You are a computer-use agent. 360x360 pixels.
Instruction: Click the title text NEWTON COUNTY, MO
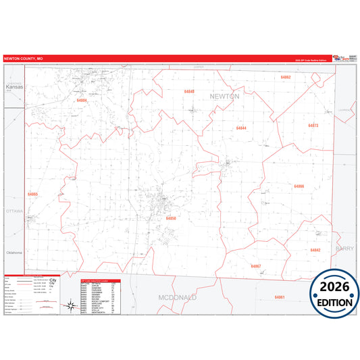[24, 59]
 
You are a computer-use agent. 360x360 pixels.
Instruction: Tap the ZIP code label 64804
[82, 100]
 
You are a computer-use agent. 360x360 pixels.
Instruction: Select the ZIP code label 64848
[189, 91]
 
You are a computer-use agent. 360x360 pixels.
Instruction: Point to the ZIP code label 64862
[286, 78]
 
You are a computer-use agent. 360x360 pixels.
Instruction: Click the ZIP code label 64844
[241, 128]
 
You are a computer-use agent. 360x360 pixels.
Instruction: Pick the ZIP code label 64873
[313, 126]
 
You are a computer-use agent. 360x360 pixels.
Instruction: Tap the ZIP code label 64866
[299, 186]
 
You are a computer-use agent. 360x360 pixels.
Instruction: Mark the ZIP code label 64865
[33, 195]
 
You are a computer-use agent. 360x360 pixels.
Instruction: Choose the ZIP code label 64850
[171, 218]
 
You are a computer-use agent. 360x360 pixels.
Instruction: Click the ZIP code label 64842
[315, 250]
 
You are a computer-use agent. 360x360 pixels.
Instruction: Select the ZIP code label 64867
[255, 266]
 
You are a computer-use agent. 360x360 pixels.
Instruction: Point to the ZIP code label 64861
[280, 297]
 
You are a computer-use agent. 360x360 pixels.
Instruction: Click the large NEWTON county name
[224, 97]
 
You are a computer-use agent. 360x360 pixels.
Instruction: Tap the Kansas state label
[14, 88]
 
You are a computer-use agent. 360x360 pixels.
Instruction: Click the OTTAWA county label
[14, 211]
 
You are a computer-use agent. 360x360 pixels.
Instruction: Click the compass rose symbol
[70, 307]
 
